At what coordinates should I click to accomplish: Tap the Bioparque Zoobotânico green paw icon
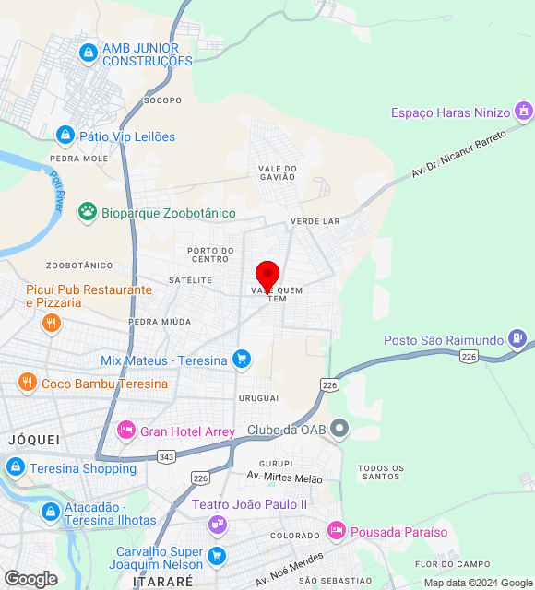(88, 212)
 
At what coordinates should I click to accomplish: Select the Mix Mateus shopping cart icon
(242, 360)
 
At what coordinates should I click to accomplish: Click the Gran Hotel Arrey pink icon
(126, 431)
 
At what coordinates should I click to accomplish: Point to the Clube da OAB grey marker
(340, 429)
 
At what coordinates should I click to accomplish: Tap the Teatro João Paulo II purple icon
(218, 524)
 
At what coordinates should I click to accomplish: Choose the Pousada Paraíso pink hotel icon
(337, 532)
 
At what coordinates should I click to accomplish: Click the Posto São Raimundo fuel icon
(517, 340)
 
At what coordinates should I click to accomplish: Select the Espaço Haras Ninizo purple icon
(524, 112)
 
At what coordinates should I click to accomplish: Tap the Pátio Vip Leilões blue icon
(65, 136)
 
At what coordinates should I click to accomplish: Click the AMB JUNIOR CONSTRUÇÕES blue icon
(89, 53)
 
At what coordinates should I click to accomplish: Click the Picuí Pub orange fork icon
(52, 323)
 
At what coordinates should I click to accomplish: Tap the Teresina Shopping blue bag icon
(16, 467)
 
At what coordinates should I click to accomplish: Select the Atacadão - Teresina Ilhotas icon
(51, 511)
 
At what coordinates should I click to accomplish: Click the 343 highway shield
(167, 456)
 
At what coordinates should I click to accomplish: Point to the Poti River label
(56, 192)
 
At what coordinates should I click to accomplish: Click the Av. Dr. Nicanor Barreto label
(459, 153)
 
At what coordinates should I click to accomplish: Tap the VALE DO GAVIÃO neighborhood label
(278, 172)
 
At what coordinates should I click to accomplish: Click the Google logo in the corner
(30, 578)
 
